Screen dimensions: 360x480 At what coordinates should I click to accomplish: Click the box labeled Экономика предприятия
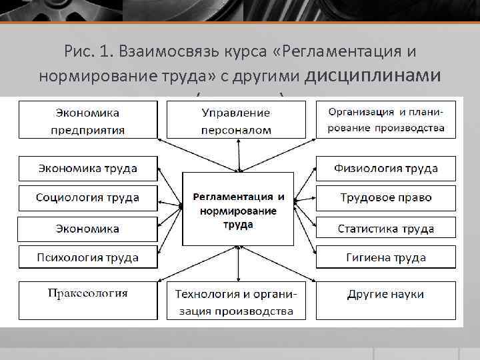[x=87, y=120]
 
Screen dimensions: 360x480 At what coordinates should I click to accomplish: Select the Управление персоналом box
[x=236, y=120]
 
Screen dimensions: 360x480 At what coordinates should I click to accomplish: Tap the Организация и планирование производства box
[x=386, y=120]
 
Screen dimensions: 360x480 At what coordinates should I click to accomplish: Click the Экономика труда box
[x=87, y=168]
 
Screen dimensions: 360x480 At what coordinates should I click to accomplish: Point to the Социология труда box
[x=87, y=197]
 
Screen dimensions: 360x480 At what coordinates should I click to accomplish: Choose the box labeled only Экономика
[x=87, y=229]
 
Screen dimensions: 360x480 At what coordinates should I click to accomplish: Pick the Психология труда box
[x=87, y=257]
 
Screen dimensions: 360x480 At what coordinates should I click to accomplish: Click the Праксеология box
[x=87, y=300]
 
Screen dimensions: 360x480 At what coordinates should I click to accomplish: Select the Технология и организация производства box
[x=236, y=301]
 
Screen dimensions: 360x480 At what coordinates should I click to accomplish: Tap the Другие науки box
[x=386, y=300]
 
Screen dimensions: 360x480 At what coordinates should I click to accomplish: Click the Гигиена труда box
[x=386, y=257]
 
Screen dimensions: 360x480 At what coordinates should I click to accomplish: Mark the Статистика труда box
[x=386, y=229]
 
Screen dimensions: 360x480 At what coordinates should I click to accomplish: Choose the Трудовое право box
[x=386, y=197]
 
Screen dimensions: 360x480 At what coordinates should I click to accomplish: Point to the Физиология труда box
[x=386, y=168]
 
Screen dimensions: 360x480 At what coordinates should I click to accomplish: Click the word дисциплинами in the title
[x=372, y=75]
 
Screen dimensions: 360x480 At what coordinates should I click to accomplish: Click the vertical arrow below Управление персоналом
[x=236, y=155]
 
